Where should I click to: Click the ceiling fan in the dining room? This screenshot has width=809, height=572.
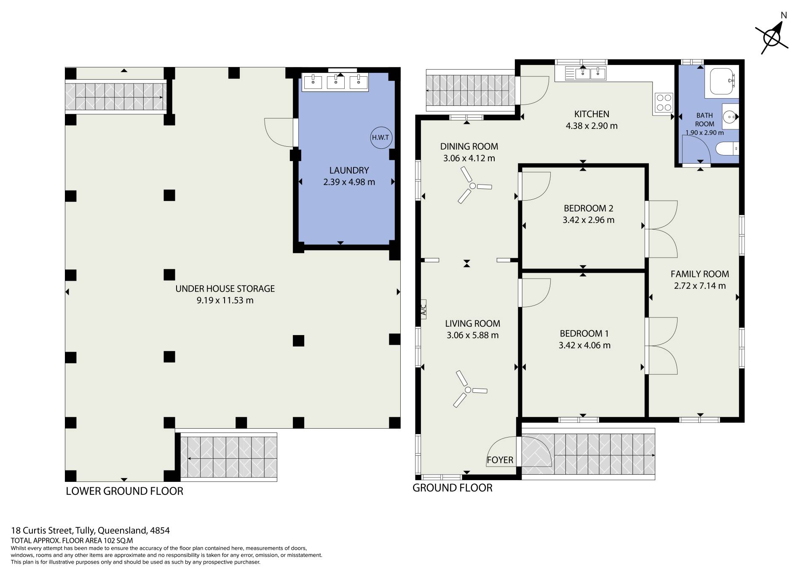pos(474,185)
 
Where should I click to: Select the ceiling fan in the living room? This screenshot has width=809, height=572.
pos(469,389)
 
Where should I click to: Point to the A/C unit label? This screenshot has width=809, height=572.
pos(423,309)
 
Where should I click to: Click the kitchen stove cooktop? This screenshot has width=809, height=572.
pos(664,102)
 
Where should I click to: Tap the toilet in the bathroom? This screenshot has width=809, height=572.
pos(728,149)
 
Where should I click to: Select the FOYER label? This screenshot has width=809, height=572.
pos(500,460)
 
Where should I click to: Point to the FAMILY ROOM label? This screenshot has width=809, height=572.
pos(700,274)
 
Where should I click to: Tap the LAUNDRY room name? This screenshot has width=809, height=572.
pos(349,170)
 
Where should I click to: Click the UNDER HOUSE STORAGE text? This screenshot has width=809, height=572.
pos(225,289)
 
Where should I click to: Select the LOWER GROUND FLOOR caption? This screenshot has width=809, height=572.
pos(125,491)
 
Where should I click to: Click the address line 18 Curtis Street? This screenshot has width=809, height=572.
pos(90,531)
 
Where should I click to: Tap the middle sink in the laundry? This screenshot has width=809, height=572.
pos(336,82)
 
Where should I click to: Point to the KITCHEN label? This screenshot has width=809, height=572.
pos(592,114)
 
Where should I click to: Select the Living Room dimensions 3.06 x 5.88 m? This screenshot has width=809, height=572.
pos(472,336)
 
